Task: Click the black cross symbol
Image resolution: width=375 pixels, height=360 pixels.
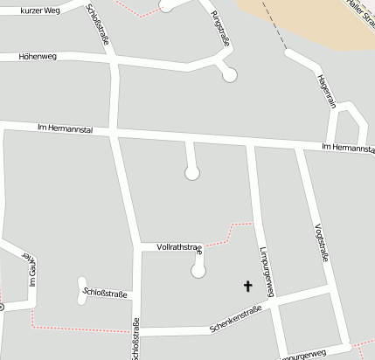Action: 247,286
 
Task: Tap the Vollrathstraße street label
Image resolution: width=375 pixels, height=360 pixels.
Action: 178,248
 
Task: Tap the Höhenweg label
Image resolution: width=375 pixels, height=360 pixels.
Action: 37,57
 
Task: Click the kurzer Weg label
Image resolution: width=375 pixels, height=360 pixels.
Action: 39,10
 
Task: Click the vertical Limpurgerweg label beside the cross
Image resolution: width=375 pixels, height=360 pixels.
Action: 267,272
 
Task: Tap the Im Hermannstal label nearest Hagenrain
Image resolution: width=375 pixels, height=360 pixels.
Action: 347,149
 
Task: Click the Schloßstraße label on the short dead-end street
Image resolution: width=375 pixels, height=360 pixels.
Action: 104,293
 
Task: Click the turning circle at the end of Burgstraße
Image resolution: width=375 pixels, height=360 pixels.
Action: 229,76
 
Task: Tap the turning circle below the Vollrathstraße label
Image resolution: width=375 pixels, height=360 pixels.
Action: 198,272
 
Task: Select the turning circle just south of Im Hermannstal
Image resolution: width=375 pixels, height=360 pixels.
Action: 192,173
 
